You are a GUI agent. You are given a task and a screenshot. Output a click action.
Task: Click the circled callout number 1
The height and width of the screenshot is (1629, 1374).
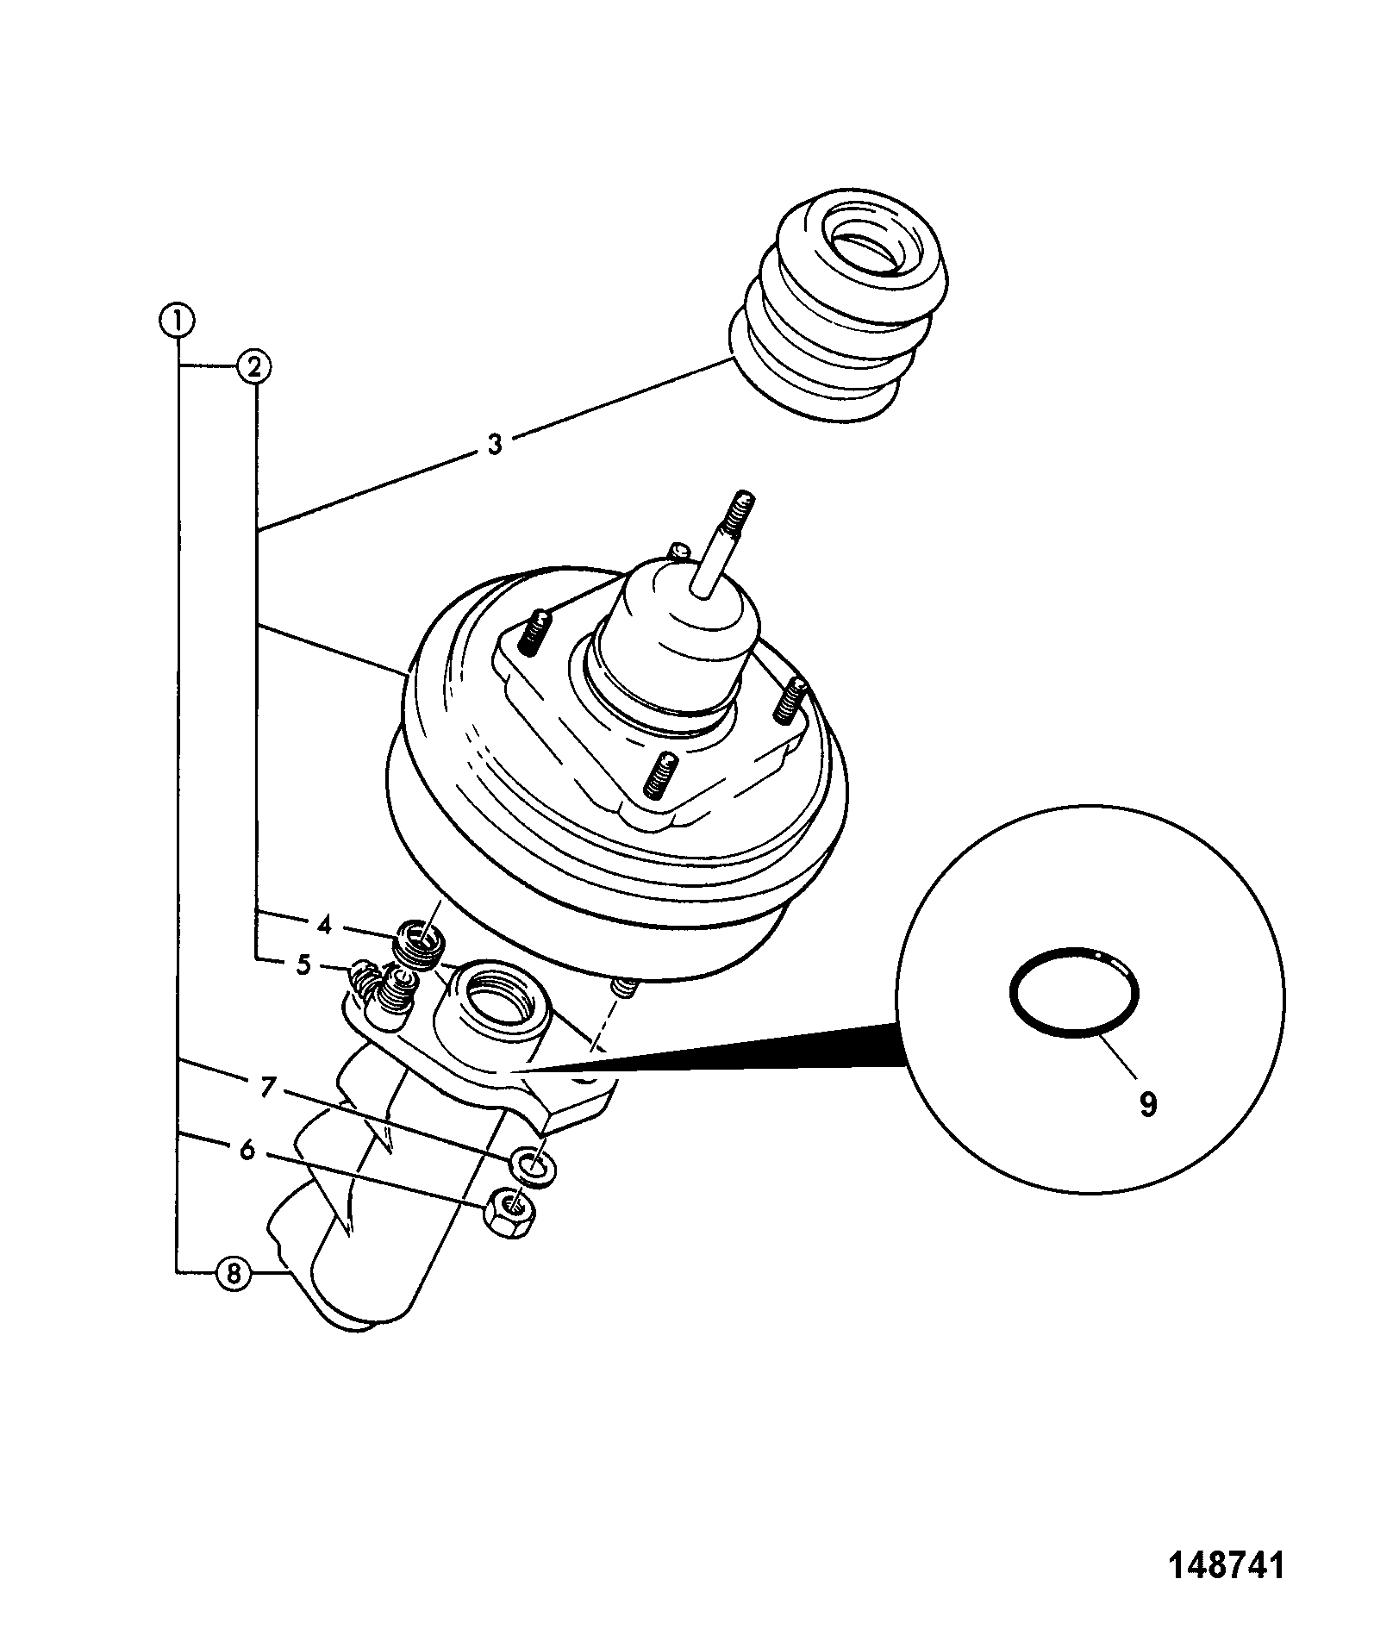[x=177, y=321]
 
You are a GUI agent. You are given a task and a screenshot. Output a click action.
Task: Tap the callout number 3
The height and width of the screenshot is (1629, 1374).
[x=495, y=446]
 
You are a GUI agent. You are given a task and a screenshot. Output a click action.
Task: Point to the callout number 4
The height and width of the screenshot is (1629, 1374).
[x=324, y=926]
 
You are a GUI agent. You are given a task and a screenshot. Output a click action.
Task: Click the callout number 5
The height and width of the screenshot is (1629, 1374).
[x=303, y=965]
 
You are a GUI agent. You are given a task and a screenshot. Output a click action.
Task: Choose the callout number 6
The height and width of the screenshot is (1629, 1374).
[x=247, y=1149]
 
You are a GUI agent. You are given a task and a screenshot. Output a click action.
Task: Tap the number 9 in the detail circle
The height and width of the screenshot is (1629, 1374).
[x=1147, y=1104]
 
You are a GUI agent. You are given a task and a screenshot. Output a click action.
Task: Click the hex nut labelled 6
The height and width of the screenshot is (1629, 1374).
[x=511, y=1213]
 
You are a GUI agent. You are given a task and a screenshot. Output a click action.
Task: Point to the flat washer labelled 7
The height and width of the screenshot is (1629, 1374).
[x=534, y=1166]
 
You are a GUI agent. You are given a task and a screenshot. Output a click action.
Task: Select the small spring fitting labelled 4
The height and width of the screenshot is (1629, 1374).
[x=419, y=945]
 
